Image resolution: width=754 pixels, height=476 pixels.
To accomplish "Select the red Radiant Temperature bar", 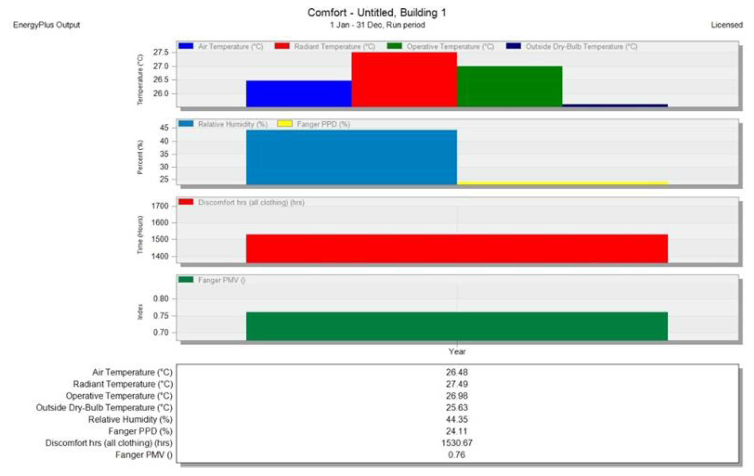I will pyautogui.click(x=404, y=80).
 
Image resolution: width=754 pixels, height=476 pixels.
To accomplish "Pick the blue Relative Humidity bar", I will pyautogui.click(x=351, y=157).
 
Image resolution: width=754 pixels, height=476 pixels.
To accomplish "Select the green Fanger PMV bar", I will pyautogui.click(x=457, y=326).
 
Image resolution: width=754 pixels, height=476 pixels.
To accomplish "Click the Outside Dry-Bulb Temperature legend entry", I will pyautogui.click(x=581, y=47).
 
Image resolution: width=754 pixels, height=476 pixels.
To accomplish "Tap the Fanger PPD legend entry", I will pyautogui.click(x=323, y=124).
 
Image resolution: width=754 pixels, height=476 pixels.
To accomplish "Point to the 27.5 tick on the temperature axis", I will pyautogui.click(x=161, y=52).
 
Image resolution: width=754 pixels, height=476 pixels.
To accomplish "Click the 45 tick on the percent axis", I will pyautogui.click(x=164, y=128).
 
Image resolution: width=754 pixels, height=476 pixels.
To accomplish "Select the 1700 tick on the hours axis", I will pyautogui.click(x=160, y=206).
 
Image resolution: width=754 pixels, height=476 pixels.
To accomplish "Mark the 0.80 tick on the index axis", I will pyautogui.click(x=161, y=299).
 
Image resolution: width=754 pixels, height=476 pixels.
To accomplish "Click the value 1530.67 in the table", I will pyautogui.click(x=457, y=443).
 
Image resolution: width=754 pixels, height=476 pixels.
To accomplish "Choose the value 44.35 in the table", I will pyautogui.click(x=457, y=419).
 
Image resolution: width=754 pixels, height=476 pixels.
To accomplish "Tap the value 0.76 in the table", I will pyautogui.click(x=457, y=455).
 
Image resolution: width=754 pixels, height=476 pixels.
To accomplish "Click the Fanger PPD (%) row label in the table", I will pyautogui.click(x=140, y=431).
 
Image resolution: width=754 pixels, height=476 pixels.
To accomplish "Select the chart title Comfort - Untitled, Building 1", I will pyautogui.click(x=377, y=13).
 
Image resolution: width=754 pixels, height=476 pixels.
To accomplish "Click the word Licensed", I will pyautogui.click(x=726, y=25).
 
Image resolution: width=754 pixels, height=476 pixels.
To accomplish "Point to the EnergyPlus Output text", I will pyautogui.click(x=47, y=25).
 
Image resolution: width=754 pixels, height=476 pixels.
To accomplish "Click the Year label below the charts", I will pyautogui.click(x=457, y=351).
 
